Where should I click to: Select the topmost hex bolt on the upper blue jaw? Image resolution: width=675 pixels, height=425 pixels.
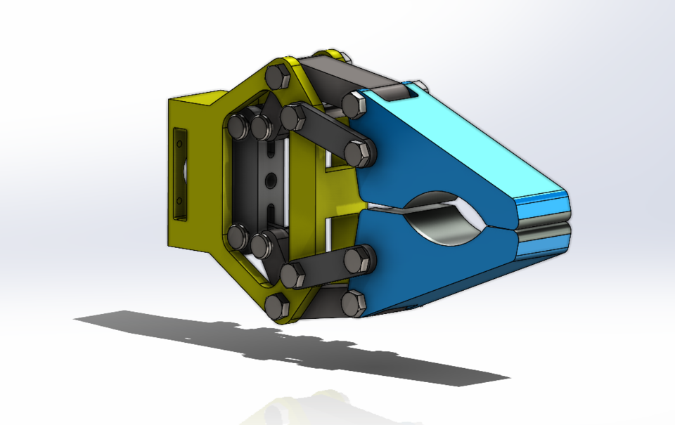click(354, 106)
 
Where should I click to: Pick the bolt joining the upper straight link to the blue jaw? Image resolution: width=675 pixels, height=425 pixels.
click(363, 152)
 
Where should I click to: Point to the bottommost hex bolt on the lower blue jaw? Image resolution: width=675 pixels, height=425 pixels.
click(353, 303)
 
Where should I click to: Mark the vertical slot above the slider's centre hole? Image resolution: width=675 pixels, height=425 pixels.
click(270, 150)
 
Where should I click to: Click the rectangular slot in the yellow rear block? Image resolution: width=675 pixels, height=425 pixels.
click(181, 173)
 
